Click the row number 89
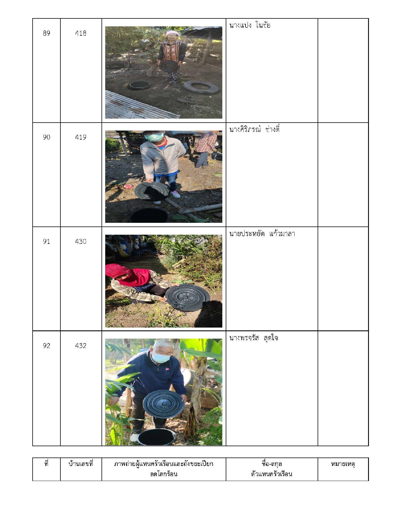[x=47, y=33]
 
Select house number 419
[x=81, y=137]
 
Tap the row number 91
[x=47, y=241]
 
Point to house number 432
[x=81, y=346]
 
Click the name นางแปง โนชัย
[x=250, y=25]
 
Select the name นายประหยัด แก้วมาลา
[x=262, y=234]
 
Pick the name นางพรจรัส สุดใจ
[x=254, y=338]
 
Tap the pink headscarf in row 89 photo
[x=172, y=34]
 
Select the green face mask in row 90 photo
[x=154, y=137]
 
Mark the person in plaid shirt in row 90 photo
[x=206, y=149]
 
